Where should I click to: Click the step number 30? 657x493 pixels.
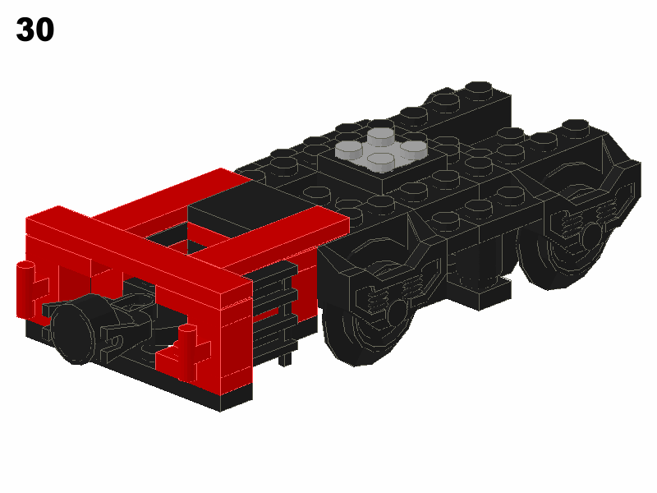pyautogui.click(x=35, y=30)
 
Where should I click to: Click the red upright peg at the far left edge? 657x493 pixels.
pyautogui.click(x=25, y=290)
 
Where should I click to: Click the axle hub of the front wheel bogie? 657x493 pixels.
pyautogui.click(x=397, y=311)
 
